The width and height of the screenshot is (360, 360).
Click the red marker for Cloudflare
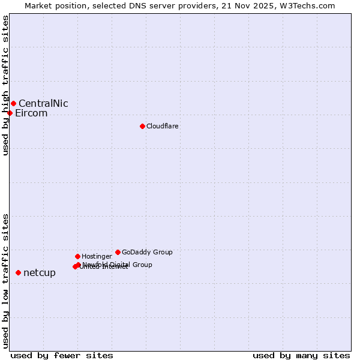click(x=142, y=126)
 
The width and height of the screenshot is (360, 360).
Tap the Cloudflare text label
click(x=163, y=126)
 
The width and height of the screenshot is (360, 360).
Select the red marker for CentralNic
click(x=13, y=103)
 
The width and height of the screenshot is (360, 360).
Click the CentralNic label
click(x=43, y=103)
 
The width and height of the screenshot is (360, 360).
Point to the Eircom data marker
click(x=10, y=113)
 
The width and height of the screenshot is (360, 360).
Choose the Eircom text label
click(x=31, y=113)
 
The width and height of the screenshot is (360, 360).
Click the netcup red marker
click(x=18, y=272)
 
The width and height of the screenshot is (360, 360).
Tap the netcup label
click(x=40, y=273)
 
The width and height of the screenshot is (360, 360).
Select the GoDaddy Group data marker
click(x=118, y=252)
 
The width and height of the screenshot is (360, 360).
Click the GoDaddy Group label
click(x=147, y=252)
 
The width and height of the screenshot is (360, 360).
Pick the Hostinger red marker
click(x=77, y=256)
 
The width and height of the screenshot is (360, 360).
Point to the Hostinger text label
click(x=97, y=256)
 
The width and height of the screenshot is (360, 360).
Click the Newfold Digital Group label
click(x=118, y=264)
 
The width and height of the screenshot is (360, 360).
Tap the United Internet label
click(x=104, y=267)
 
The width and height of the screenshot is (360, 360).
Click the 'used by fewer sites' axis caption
click(x=62, y=355)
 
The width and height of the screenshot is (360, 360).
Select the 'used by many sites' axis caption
click(x=301, y=355)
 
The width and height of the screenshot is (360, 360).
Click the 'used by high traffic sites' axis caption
click(x=5, y=85)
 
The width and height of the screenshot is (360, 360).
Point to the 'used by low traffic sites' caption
click(x=5, y=281)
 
